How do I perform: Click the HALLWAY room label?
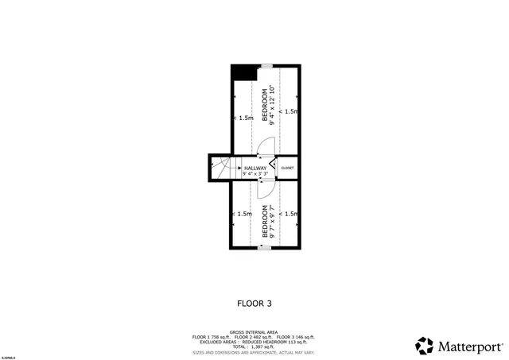pos(255,168)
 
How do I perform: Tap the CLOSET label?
pos(287,168)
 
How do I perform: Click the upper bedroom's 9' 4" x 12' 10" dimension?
pos(273,106)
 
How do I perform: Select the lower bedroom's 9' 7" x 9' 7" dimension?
pos(273,222)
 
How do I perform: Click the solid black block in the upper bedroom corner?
pos(242,72)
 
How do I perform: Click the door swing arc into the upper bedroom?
pos(267,145)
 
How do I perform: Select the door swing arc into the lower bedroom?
pos(266,191)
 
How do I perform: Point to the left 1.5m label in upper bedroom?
pos(246,118)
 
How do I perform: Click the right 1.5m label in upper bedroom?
pos(289,111)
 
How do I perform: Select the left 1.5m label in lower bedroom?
pos(243,214)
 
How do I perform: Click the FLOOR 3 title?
pos(254,303)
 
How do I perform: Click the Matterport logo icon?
pos(425,346)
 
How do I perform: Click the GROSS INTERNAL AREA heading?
pos(254,331)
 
